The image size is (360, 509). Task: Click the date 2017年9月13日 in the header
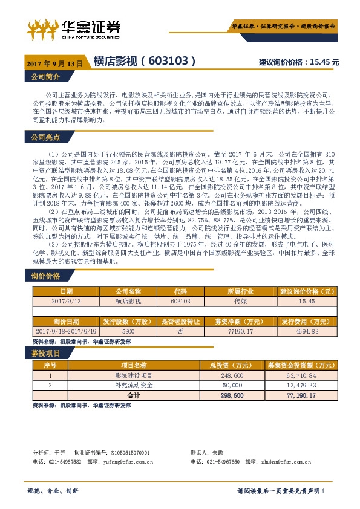tap(54, 63)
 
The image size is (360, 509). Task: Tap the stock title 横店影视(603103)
tap(144, 61)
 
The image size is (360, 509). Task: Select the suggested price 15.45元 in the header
tap(298, 62)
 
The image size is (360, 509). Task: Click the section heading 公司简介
tap(45, 77)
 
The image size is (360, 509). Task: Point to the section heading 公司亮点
tap(45, 138)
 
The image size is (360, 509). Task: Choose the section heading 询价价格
tap(45, 277)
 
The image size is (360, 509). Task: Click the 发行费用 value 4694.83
tap(306, 332)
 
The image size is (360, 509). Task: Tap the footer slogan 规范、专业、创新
tap(53, 490)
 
